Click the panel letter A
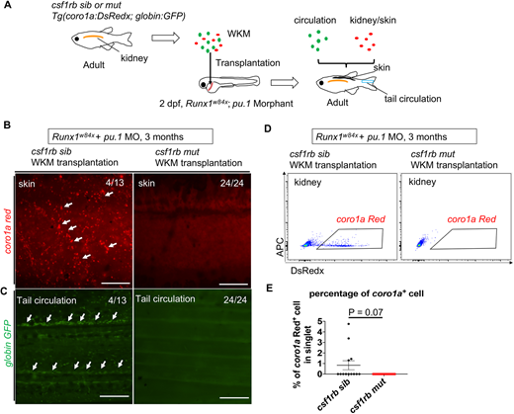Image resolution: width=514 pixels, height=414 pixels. [7, 6]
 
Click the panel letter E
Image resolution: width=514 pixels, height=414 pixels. [270, 289]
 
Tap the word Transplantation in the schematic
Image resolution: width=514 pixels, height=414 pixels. [248, 63]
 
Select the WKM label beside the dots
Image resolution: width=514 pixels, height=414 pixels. [238, 34]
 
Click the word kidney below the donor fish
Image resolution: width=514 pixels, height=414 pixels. [134, 58]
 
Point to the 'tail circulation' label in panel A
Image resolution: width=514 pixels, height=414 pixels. [413, 99]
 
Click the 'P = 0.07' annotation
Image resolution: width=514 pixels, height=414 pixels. [366, 312]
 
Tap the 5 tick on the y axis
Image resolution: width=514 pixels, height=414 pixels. [319, 321]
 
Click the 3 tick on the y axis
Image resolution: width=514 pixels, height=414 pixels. [319, 343]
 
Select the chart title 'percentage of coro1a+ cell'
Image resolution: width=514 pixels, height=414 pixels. [367, 293]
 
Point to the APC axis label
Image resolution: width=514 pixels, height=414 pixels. [281, 247]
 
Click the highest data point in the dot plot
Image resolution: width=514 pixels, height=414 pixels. [349, 324]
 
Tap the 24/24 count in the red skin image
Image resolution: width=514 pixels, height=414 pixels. [232, 183]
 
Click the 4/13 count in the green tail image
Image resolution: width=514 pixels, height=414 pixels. [117, 300]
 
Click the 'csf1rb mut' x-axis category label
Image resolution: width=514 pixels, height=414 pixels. [369, 395]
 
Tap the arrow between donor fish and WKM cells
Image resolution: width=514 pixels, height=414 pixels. [165, 38]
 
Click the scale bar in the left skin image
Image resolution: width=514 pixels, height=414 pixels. [116, 283]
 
